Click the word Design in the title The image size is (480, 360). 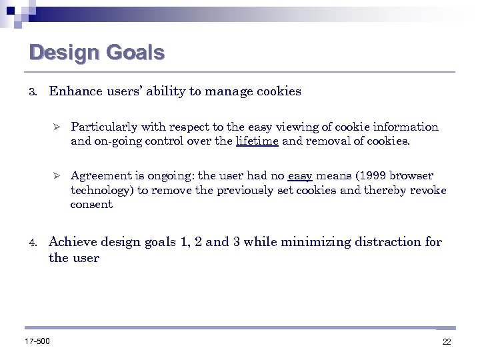coord(61,52)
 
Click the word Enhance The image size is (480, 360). coord(74,91)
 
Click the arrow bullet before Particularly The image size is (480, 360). coord(57,127)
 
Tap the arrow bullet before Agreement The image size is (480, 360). coord(57,176)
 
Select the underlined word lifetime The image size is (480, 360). coord(257,141)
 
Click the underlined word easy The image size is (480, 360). coord(300,176)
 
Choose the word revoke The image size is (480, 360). coord(427,190)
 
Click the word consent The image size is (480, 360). coord(91,205)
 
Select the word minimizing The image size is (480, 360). coord(313,242)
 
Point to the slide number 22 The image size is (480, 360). coord(447,342)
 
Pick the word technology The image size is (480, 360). coord(100,190)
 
